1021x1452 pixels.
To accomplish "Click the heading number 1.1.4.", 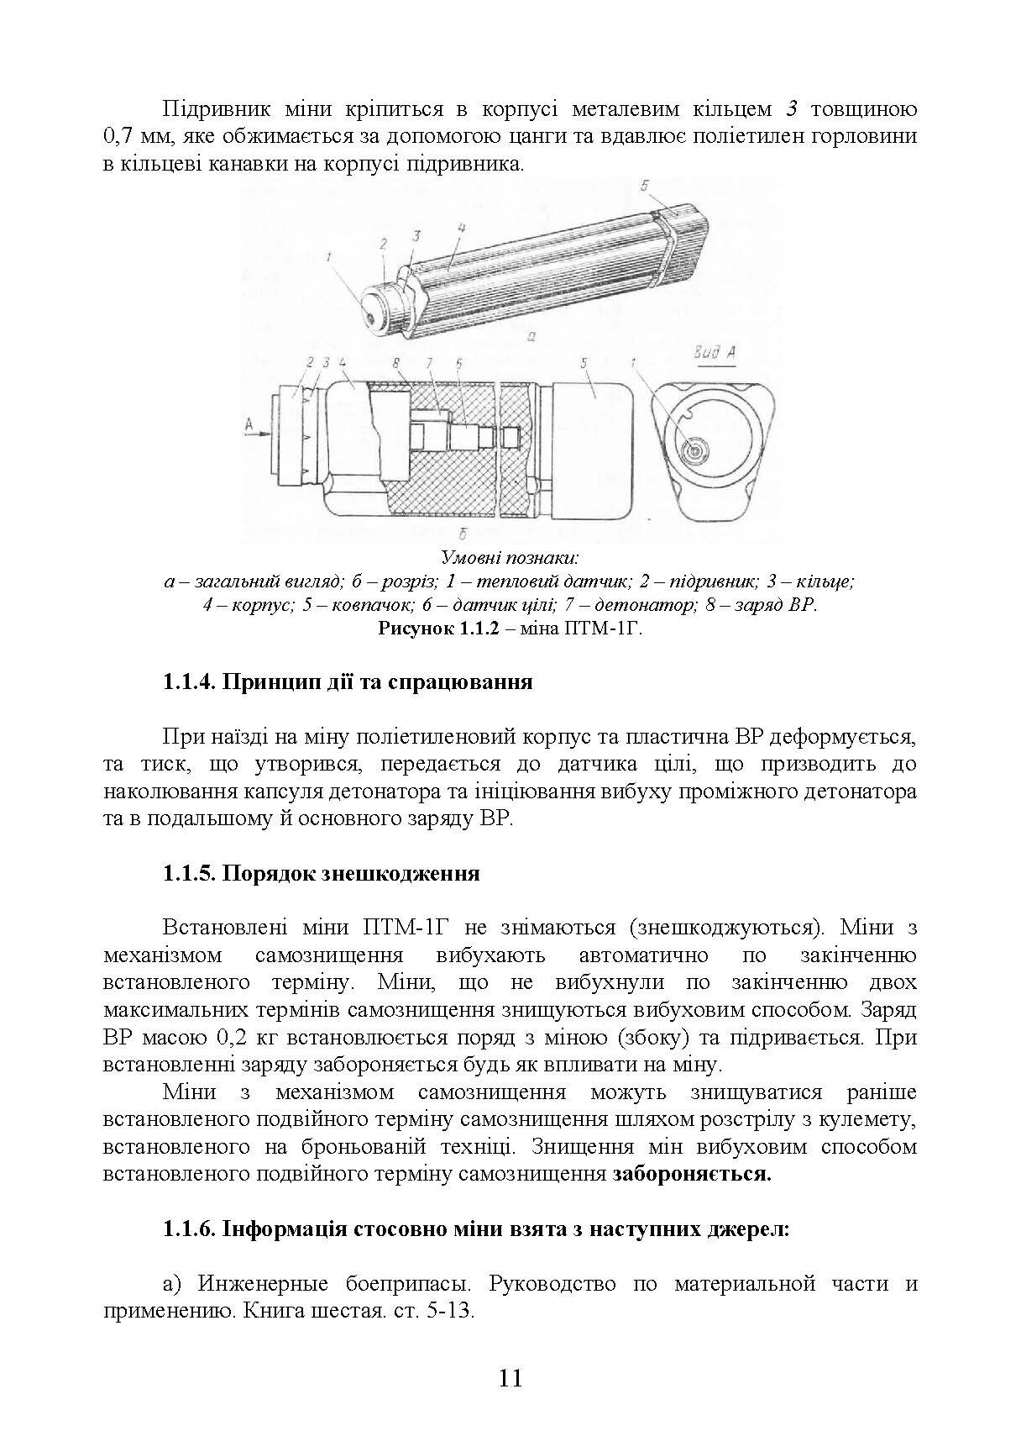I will (x=188, y=681).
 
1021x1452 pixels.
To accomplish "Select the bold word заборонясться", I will (x=692, y=1174).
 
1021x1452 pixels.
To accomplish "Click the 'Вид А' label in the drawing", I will (x=715, y=353).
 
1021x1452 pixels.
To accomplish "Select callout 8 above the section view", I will (x=394, y=362).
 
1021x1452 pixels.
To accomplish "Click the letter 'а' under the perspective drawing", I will (x=531, y=338).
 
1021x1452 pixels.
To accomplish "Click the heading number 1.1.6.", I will (x=188, y=1229).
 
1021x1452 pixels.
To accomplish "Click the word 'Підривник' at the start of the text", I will (x=211, y=110).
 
